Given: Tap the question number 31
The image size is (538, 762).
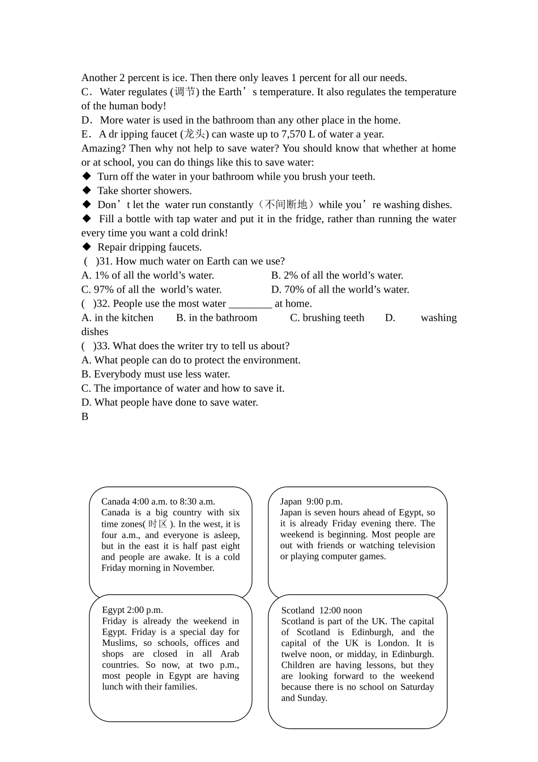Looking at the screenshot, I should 105,261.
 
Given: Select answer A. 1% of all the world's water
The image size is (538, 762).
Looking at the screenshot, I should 148,276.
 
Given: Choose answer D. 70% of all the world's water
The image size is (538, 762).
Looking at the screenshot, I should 340,290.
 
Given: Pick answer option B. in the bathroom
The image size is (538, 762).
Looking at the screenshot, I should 217,318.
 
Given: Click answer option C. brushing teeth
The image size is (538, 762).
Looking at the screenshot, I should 327,318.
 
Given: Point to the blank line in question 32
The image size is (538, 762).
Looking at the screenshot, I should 250,304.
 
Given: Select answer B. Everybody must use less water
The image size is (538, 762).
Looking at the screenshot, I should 156,374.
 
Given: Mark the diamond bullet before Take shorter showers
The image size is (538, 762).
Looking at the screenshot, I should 87,190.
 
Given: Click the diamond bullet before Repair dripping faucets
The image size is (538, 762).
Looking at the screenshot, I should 87,247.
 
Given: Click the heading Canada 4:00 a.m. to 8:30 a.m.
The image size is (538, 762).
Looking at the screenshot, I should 158,501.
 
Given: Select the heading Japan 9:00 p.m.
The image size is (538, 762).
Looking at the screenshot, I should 311,501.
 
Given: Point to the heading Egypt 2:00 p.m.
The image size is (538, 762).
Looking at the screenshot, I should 133,610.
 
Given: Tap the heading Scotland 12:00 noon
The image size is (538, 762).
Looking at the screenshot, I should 322,611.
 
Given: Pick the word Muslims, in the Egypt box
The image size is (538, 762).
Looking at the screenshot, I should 119,643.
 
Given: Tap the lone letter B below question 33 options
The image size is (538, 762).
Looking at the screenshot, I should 85,417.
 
